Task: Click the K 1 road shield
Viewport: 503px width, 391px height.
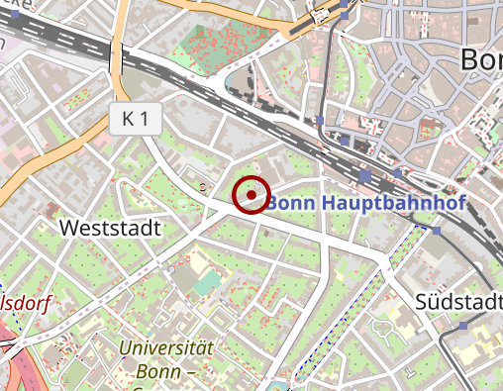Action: pyautogui.click(x=135, y=120)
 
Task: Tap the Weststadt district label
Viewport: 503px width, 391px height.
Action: pyautogui.click(x=110, y=228)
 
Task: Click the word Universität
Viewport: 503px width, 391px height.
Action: pyautogui.click(x=166, y=347)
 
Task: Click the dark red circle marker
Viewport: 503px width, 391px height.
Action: pyautogui.click(x=251, y=194)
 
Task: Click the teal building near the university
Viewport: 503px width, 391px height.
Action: pyautogui.click(x=206, y=285)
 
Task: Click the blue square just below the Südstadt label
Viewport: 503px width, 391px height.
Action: pyautogui.click(x=463, y=325)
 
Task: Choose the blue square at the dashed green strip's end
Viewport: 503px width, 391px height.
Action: pyautogui.click(x=437, y=230)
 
